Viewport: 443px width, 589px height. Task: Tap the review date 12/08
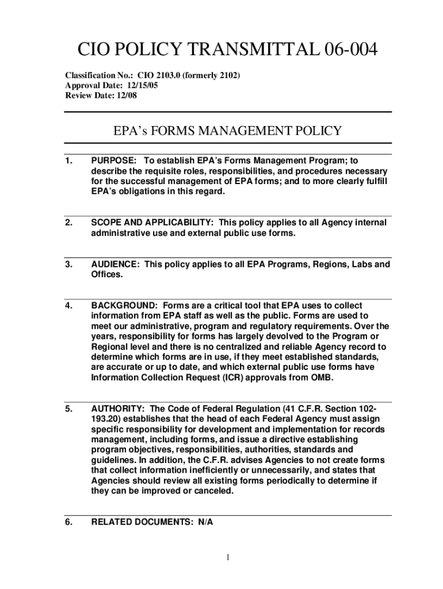click(125, 95)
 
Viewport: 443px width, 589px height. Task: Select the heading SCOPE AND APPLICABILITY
click(151, 223)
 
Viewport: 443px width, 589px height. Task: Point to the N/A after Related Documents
click(205, 522)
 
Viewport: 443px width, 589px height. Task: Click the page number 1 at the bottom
click(228, 557)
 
